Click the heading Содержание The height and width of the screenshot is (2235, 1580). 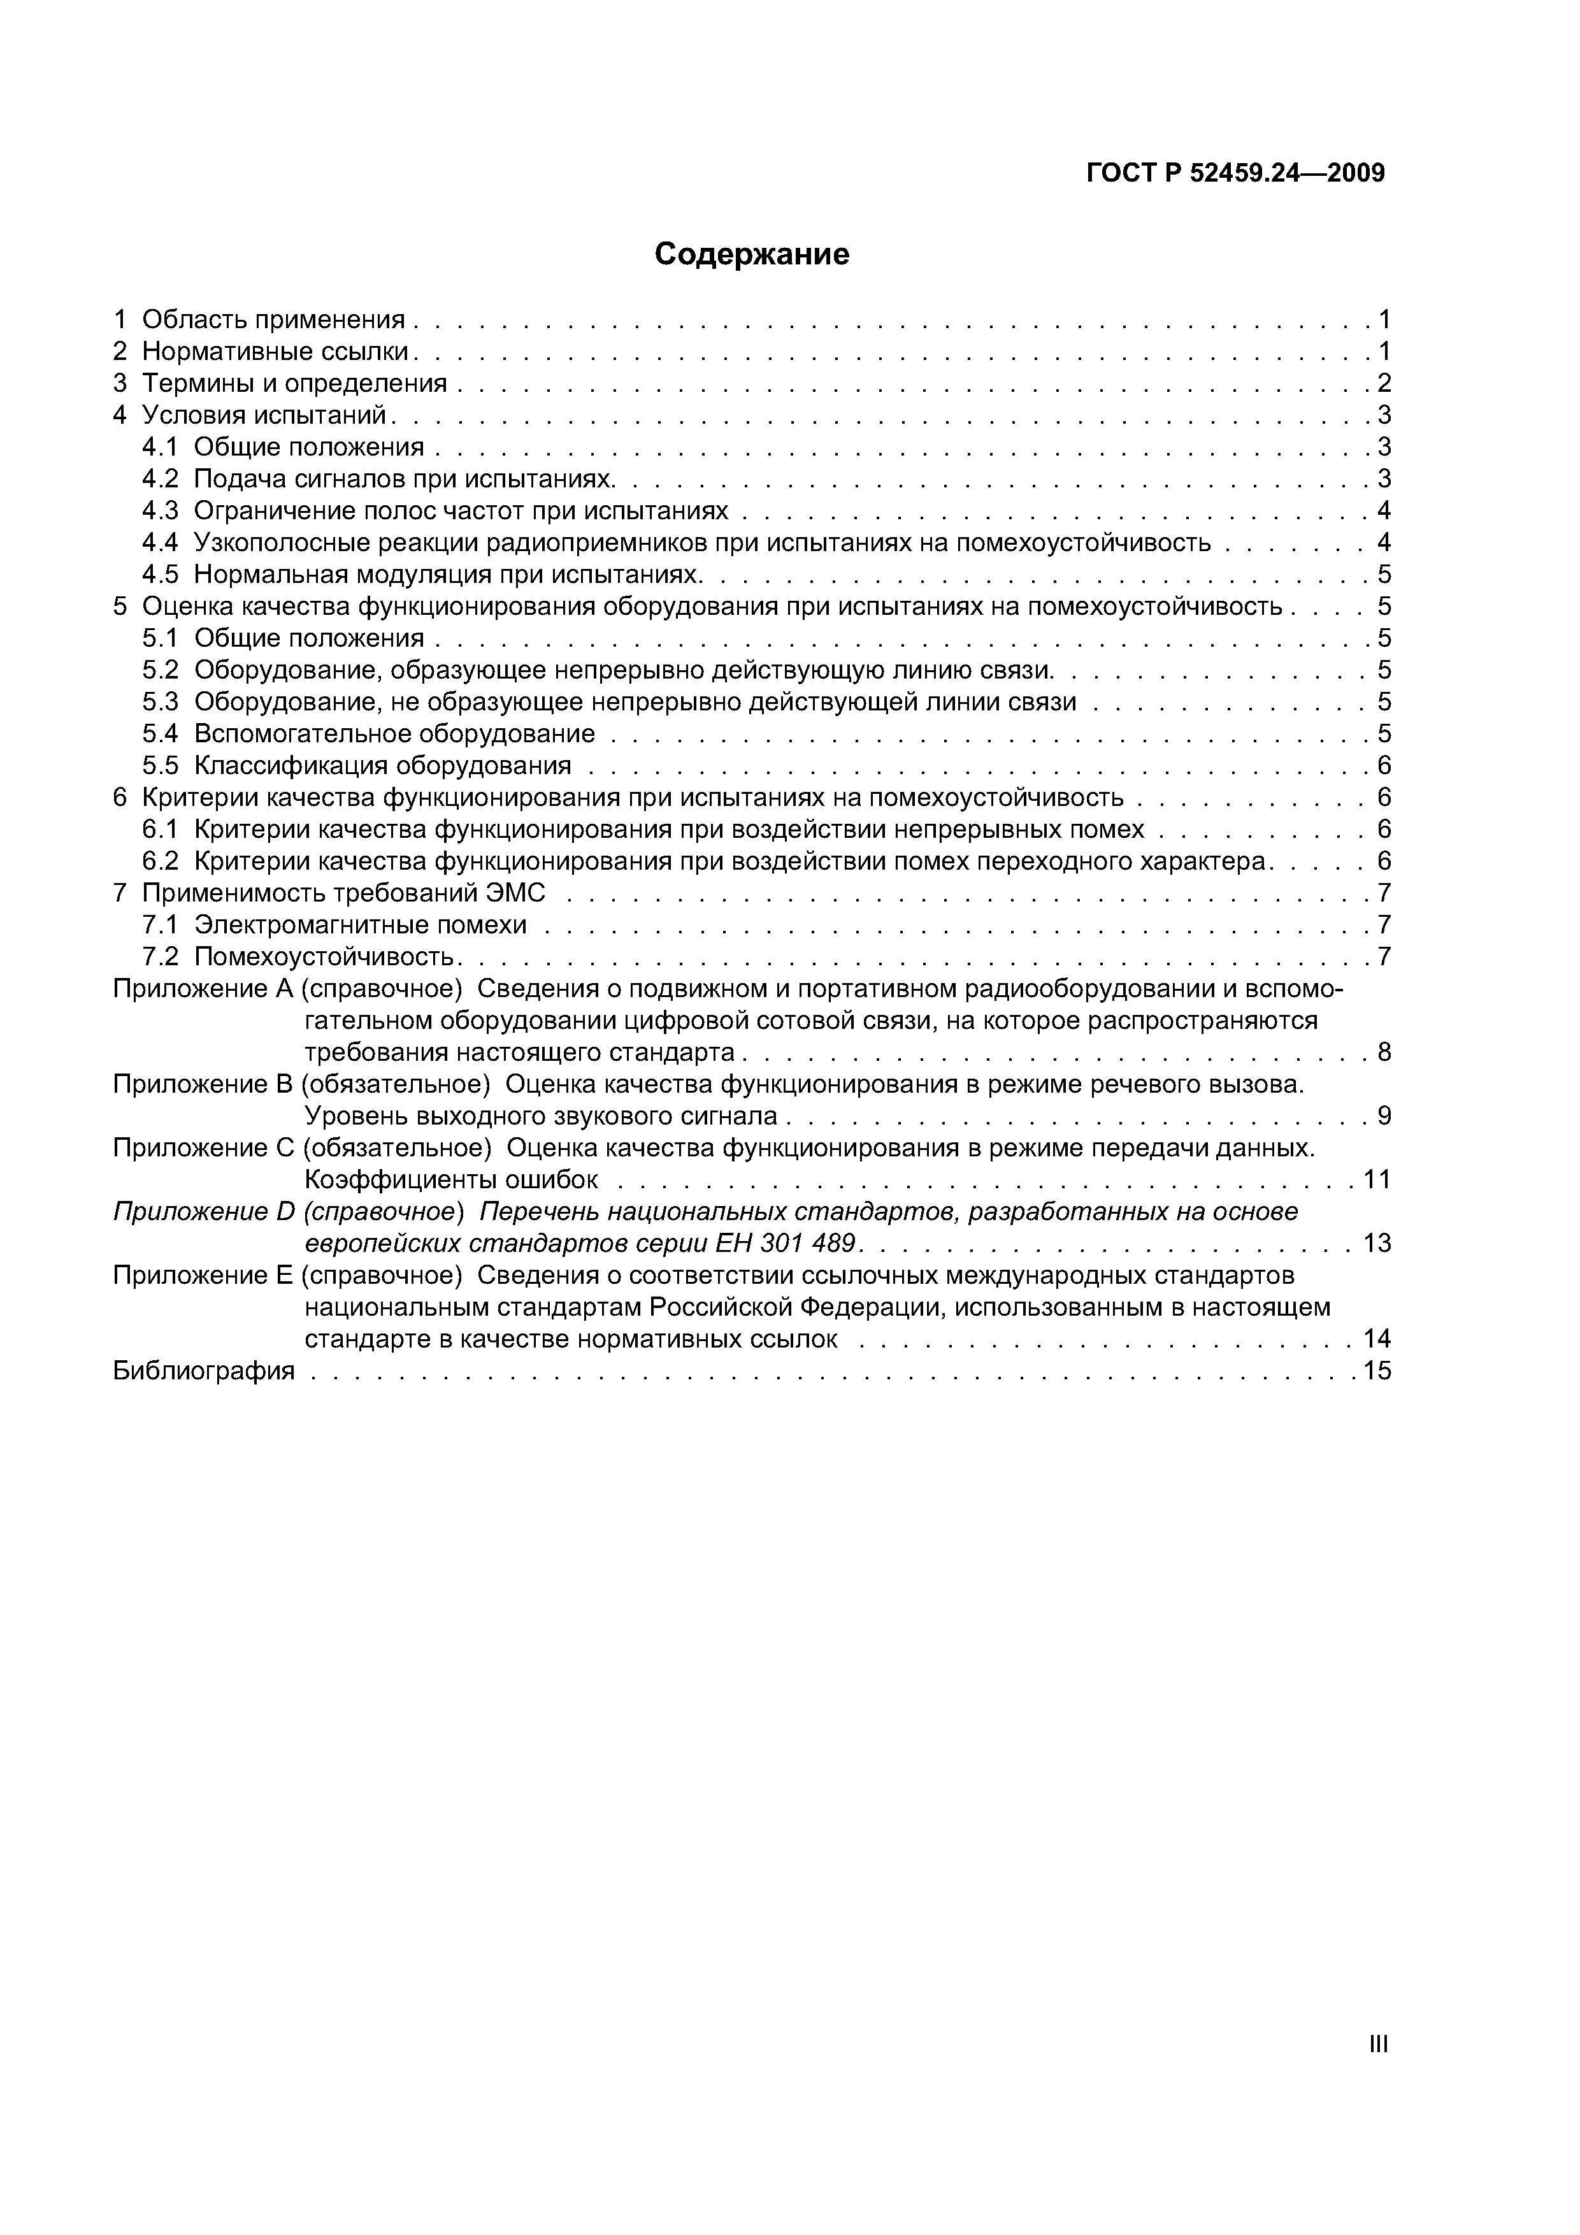[x=752, y=254]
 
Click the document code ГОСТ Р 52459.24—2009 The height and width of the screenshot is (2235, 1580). [x=1235, y=173]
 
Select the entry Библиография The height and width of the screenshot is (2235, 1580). [x=203, y=1372]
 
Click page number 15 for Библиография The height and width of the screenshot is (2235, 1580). [x=1377, y=1372]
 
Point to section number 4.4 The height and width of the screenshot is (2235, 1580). [x=161, y=542]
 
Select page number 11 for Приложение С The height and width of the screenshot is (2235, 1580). [x=1377, y=1181]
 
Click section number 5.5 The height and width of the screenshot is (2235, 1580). [x=161, y=765]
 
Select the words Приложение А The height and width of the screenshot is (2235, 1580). [x=203, y=989]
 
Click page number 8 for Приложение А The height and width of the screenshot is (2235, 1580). [x=1383, y=1053]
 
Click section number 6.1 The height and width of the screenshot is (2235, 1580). [x=161, y=830]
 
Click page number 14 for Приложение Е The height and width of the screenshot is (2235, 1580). [x=1377, y=1339]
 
